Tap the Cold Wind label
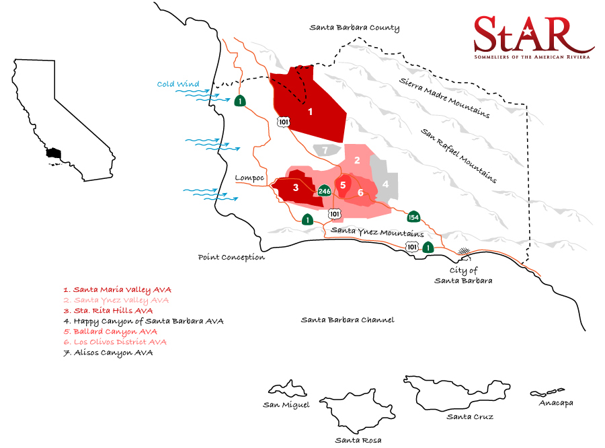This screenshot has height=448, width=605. tap(178, 84)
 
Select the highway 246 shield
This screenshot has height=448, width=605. tap(325, 191)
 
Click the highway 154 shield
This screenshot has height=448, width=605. tap(413, 217)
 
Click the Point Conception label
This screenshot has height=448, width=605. tap(231, 257)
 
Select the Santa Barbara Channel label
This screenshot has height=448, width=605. tap(347, 320)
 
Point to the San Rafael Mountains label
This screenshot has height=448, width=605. tap(459, 155)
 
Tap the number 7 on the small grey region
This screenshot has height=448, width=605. tap(325, 149)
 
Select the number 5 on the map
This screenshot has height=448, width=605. tap(343, 184)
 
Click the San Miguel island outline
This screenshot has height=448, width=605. tap(287, 389)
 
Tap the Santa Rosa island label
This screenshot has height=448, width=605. tap(358, 440)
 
